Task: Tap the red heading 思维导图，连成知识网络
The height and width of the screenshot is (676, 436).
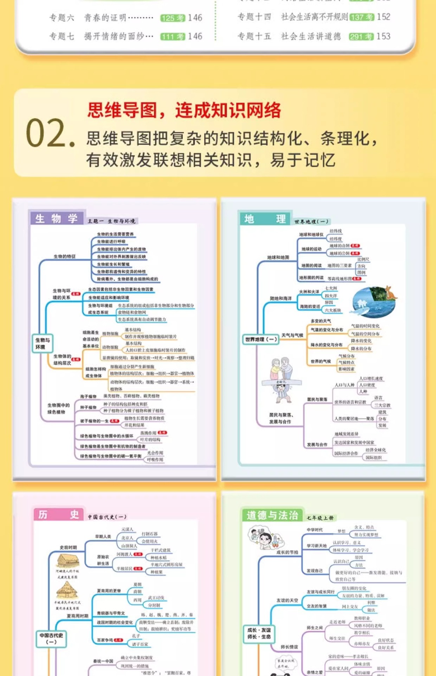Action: (184, 110)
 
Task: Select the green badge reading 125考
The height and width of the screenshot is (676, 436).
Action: (172, 18)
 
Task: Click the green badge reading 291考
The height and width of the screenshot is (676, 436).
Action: (361, 37)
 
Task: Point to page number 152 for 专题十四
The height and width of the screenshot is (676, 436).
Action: (384, 17)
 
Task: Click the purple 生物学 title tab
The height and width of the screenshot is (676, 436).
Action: (57, 218)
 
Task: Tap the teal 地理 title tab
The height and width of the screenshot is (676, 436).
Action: (265, 219)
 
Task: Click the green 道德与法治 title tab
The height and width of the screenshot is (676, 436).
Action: (272, 515)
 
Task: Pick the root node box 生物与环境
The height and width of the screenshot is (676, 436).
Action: (43, 343)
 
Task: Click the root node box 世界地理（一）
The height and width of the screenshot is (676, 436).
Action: (261, 339)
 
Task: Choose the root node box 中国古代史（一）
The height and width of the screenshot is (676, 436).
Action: (51, 638)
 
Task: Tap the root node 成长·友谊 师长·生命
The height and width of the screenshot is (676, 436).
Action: (259, 633)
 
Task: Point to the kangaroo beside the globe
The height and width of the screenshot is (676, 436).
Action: (390, 293)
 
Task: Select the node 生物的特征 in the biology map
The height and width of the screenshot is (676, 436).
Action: (64, 256)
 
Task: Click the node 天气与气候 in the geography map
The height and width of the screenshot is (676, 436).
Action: (292, 335)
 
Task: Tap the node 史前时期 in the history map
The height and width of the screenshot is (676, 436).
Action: (68, 547)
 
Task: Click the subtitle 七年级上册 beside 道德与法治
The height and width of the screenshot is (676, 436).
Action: (320, 518)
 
